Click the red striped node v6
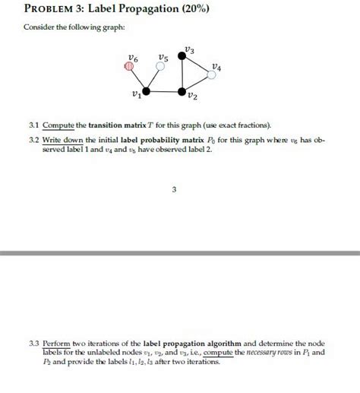pos(129,66)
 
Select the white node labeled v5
pos(160,66)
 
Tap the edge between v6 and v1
pos(138,79)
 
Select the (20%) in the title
pos(150,10)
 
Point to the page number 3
pos(173,190)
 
